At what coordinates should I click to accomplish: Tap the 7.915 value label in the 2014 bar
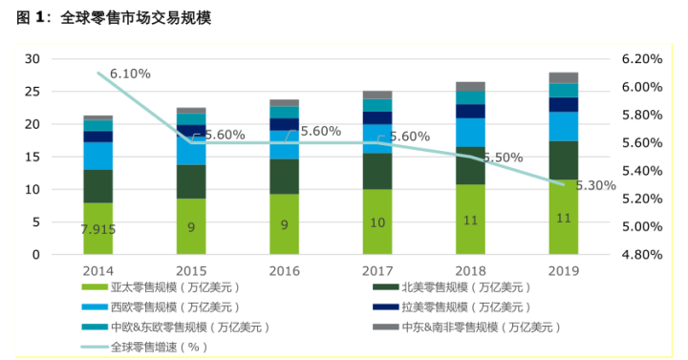(98, 230)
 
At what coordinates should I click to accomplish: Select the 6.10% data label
(130, 74)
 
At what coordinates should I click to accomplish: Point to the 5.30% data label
(595, 186)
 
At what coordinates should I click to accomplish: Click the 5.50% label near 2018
(503, 158)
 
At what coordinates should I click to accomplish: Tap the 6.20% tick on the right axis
(641, 59)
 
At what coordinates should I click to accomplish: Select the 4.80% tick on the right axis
(641, 255)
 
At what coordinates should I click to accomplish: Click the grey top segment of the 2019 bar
(563, 77)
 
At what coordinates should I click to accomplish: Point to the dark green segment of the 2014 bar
(98, 186)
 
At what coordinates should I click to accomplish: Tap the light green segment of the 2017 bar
(376, 222)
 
